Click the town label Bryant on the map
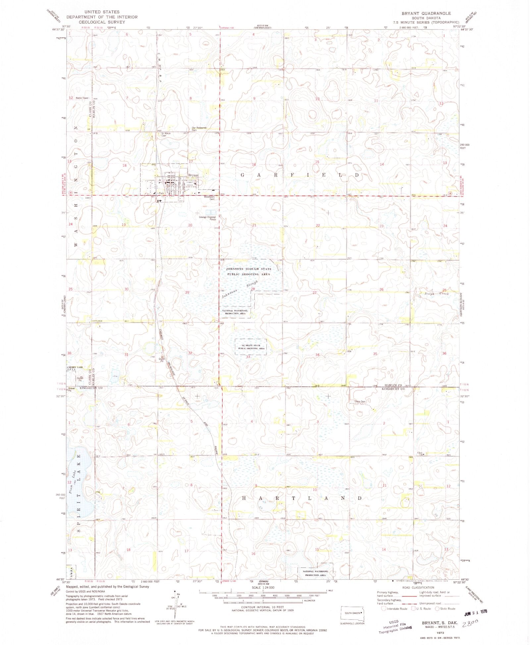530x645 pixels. coord(193,175)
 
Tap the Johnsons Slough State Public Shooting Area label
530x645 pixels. coord(248,272)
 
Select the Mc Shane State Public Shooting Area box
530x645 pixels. coord(251,347)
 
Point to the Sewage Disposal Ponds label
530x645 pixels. coord(207,218)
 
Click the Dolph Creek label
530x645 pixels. coord(437,294)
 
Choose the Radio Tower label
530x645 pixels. coord(82,98)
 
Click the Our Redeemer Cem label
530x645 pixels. coord(199,129)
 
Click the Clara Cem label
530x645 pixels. coord(360,402)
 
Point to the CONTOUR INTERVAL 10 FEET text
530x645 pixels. coord(262,607)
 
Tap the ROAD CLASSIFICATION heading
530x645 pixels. coord(418,587)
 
